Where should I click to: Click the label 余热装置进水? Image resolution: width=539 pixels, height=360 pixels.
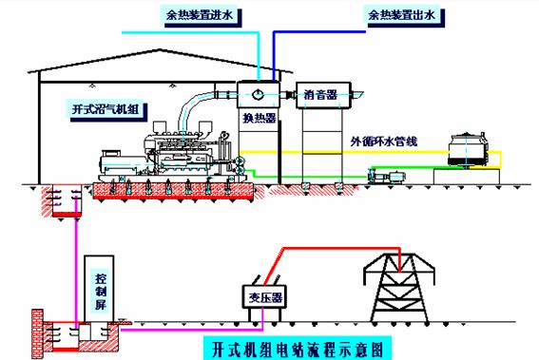(200, 15)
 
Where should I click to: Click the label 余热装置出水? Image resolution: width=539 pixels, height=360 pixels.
(402, 15)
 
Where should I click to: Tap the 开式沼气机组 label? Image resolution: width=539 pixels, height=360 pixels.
(106, 109)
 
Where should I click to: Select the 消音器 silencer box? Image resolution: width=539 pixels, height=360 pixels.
(323, 95)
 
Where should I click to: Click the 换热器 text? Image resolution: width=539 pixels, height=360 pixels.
(260, 118)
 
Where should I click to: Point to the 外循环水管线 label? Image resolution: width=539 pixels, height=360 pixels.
(384, 142)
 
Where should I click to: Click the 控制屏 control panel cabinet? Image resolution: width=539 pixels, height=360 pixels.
(99, 289)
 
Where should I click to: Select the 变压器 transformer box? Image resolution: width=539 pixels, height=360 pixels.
(264, 296)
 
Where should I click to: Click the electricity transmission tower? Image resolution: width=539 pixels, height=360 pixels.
(399, 288)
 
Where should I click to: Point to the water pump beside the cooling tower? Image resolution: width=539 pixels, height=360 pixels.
(386, 176)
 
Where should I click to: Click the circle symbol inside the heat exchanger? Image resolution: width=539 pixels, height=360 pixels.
(258, 94)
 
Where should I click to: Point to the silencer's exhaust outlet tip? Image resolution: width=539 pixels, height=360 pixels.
(363, 93)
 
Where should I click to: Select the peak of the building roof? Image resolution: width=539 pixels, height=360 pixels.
(159, 49)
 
